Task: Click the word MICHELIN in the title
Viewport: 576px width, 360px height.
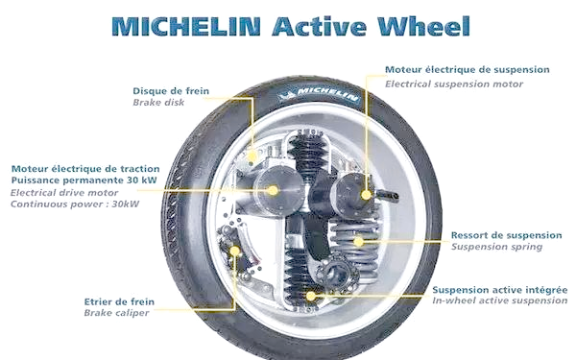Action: point(186,26)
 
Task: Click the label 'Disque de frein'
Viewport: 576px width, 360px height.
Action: point(171,91)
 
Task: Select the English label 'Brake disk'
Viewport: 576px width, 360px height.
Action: point(158,102)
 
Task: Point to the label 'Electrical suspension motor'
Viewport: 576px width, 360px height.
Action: point(454,84)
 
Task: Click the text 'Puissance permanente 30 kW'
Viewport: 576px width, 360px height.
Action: point(84,180)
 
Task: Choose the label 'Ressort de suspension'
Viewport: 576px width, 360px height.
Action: point(506,235)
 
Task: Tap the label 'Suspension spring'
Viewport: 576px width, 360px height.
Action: point(496,247)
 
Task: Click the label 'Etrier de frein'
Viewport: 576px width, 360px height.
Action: point(119,302)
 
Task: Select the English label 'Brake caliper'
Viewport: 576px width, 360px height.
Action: point(116,313)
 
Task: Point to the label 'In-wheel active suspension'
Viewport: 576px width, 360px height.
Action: point(499,300)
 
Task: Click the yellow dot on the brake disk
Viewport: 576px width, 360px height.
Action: point(252,156)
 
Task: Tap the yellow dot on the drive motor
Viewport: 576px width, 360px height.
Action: point(273,190)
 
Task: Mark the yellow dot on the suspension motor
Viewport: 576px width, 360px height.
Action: point(366,195)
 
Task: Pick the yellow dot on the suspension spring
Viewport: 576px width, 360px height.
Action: point(358,241)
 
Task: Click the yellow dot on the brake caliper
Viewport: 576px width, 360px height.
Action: point(235,252)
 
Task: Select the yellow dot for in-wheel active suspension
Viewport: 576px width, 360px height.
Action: point(311,296)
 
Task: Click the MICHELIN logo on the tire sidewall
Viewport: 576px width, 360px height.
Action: point(318,94)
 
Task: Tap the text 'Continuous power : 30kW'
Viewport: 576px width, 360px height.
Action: point(75,204)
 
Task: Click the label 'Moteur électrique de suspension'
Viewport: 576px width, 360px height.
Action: point(468,70)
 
